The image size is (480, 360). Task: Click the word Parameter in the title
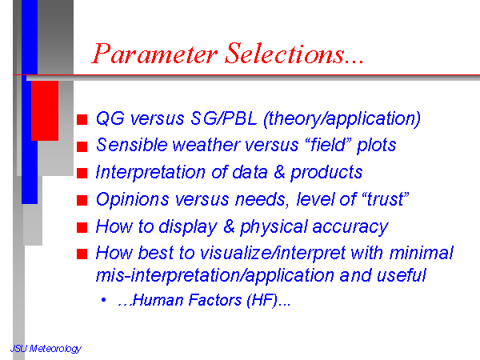pyautogui.click(x=155, y=54)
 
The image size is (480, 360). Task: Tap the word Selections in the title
pyautogui.click(x=285, y=53)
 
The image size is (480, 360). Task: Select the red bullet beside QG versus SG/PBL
pyautogui.click(x=82, y=119)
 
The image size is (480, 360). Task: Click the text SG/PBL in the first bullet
pyautogui.click(x=224, y=118)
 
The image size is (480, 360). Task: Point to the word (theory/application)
pyautogui.click(x=342, y=119)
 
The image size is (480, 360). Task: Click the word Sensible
pyautogui.click(x=132, y=145)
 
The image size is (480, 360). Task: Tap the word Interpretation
pyautogui.click(x=150, y=172)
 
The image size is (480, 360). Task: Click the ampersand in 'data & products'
pyautogui.click(x=279, y=172)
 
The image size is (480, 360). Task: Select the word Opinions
pyautogui.click(x=133, y=199)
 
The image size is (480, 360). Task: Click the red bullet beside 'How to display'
pyautogui.click(x=82, y=227)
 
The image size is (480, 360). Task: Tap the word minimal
pyautogui.click(x=422, y=254)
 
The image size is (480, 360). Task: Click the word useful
pyautogui.click(x=401, y=275)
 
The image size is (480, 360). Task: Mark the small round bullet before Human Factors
pyautogui.click(x=104, y=300)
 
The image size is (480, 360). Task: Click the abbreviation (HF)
pyautogui.click(x=262, y=300)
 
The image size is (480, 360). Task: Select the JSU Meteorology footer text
pyautogui.click(x=46, y=349)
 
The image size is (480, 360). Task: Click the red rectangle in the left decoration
pyautogui.click(x=45, y=111)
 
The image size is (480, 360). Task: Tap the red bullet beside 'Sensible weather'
pyautogui.click(x=82, y=146)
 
